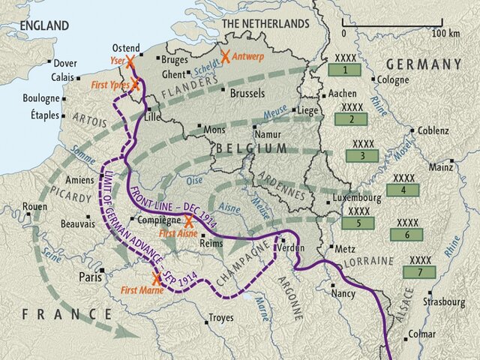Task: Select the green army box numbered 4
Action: pyautogui.click(x=404, y=190)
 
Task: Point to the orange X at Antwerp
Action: pyautogui.click(x=225, y=56)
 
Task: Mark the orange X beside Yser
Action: pyautogui.click(x=132, y=61)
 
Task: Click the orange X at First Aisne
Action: pyautogui.click(x=188, y=221)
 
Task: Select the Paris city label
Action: pyautogui.click(x=90, y=277)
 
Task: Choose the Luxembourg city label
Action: pyautogui.click(x=357, y=198)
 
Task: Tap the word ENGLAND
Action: pyautogui.click(x=44, y=25)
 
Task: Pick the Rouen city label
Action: pyautogui.click(x=34, y=206)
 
